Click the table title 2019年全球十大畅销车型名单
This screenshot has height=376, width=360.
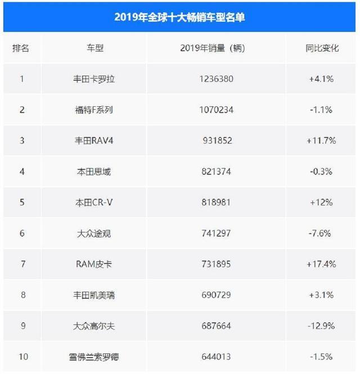tap(179, 17)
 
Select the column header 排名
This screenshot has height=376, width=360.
tap(21, 48)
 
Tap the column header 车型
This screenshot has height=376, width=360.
tap(91, 48)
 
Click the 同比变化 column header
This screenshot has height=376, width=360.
tap(322, 48)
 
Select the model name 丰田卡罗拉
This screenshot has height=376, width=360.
tap(91, 79)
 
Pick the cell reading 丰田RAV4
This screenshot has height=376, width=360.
tap(91, 141)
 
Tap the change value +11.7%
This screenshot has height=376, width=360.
tap(322, 141)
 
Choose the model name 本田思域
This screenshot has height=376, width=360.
tap(91, 172)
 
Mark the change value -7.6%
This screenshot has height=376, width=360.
tap(322, 233)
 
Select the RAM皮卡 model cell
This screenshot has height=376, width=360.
tap(91, 263)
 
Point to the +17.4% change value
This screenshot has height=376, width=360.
tap(322, 263)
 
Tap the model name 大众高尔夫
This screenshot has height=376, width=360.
tap(91, 325)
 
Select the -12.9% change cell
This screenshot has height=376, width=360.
tap(322, 325)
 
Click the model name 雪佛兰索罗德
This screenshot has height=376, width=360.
tap(91, 356)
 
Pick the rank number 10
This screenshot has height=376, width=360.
tap(21, 356)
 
